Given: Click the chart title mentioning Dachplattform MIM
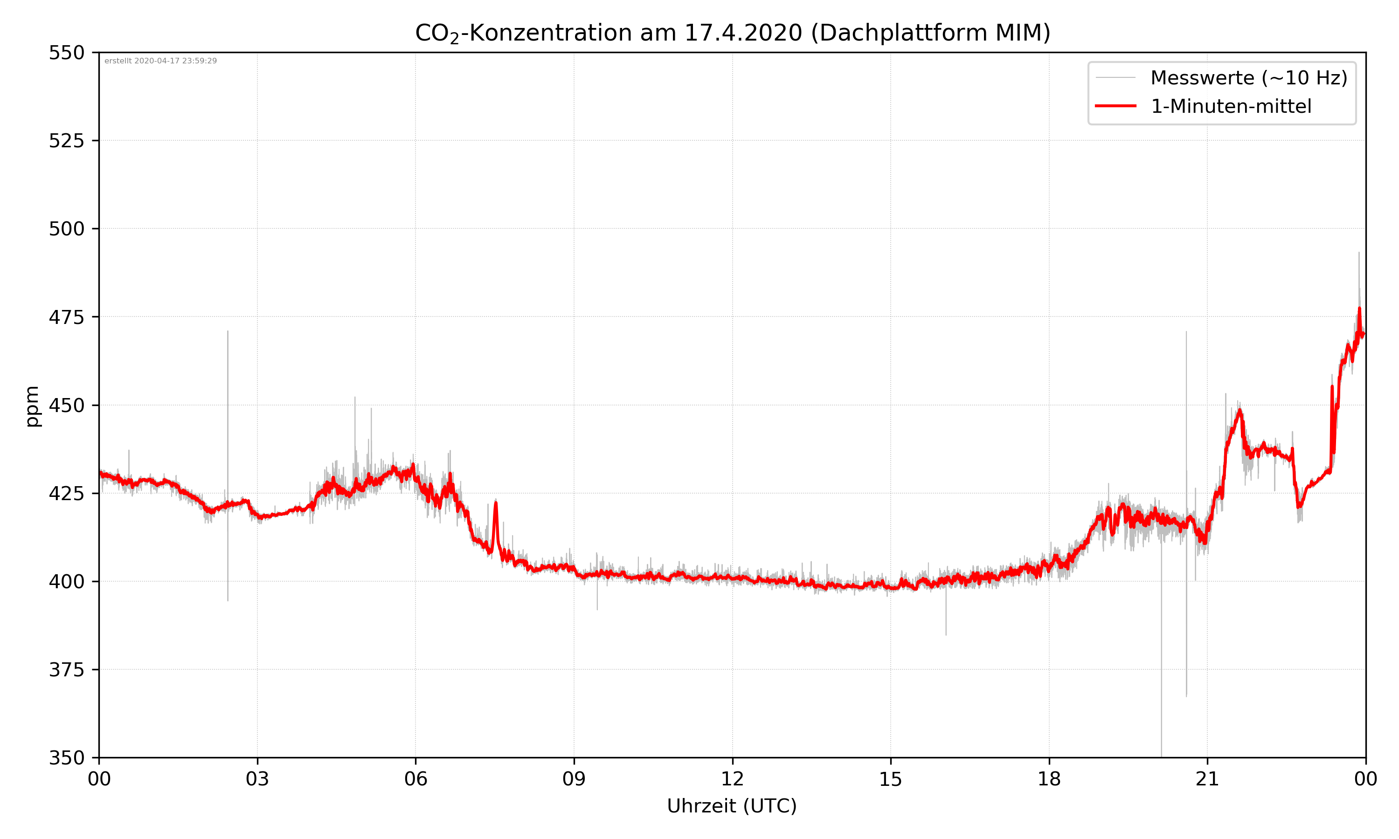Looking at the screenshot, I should coord(732,33).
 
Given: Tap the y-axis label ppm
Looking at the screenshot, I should coord(32,406).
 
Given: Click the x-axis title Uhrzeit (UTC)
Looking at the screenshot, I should coord(732,805).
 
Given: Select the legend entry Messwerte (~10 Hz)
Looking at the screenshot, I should coord(1248,78).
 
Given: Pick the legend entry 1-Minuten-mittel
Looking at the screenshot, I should coord(1231,106).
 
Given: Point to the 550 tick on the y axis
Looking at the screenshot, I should coord(66,53).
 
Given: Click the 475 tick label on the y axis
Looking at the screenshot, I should coord(66,317).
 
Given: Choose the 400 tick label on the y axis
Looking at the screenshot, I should coord(66,582).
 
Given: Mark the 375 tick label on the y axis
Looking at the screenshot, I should coord(66,670).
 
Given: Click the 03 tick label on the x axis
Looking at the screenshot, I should coord(257,779).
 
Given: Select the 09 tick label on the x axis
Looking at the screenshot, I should coord(574,779).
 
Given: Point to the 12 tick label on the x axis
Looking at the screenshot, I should coord(732,779).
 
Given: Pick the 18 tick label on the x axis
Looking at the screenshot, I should coord(1049,779).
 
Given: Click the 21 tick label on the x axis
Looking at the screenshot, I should coord(1207,779).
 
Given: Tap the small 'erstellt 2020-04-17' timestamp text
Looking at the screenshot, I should coord(160,61).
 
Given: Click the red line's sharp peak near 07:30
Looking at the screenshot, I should coord(496,502).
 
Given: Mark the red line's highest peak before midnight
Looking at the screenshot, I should coord(1359,309).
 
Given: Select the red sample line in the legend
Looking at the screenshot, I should coord(1115,106).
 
